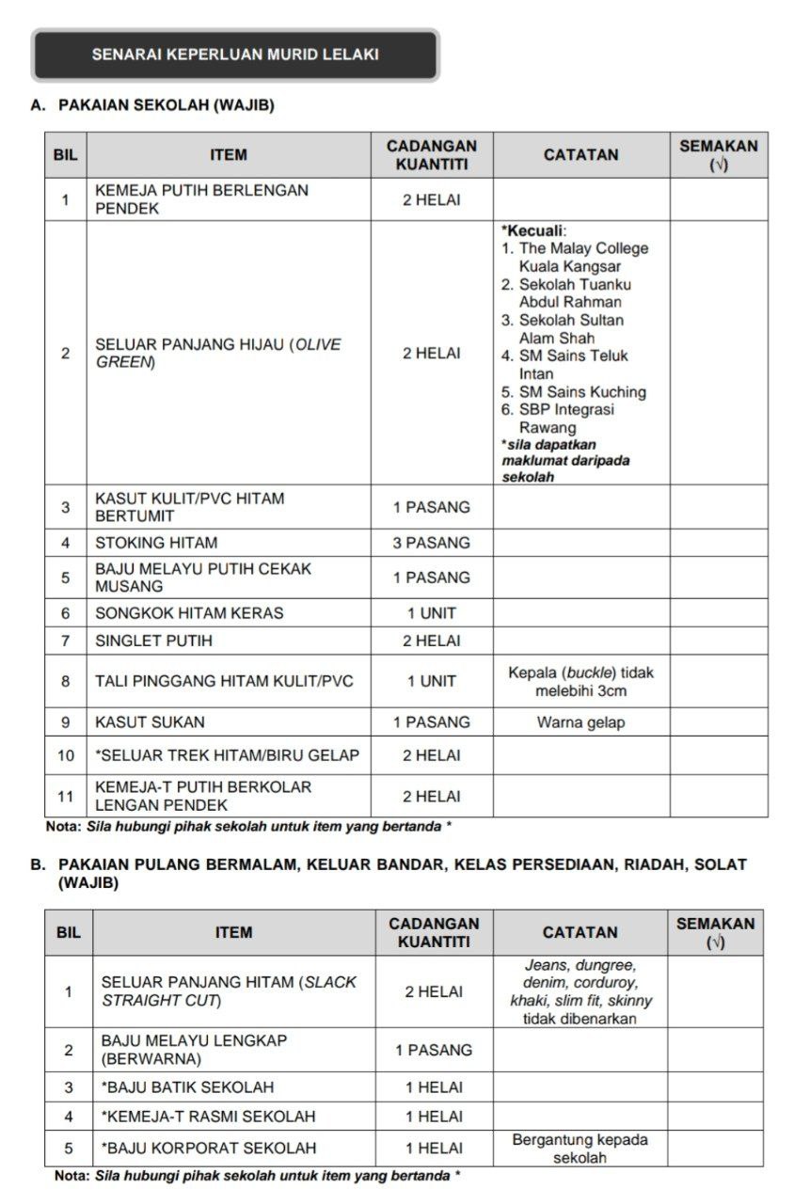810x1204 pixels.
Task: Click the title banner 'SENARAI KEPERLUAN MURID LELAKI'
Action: pyautogui.click(x=235, y=55)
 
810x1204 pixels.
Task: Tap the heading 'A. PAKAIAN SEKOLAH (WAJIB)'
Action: pyautogui.click(x=153, y=106)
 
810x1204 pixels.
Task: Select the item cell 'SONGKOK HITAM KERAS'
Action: pyautogui.click(x=189, y=613)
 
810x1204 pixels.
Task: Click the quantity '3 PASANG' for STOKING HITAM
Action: pyautogui.click(x=431, y=543)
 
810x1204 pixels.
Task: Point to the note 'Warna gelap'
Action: pyautogui.click(x=580, y=722)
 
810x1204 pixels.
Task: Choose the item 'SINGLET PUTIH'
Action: pyautogui.click(x=153, y=642)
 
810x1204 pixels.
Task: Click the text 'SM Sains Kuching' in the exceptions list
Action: pyautogui.click(x=582, y=391)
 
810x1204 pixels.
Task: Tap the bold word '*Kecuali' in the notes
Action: pyautogui.click(x=533, y=230)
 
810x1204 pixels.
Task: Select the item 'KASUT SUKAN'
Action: pyautogui.click(x=150, y=722)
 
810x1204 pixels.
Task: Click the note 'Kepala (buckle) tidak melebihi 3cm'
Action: pyautogui.click(x=580, y=682)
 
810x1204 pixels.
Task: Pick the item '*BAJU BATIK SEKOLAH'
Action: pyautogui.click(x=187, y=1087)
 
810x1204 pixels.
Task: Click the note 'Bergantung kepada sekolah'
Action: pyautogui.click(x=580, y=1149)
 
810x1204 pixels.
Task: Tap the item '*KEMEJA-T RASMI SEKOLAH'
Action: pyautogui.click(x=208, y=1117)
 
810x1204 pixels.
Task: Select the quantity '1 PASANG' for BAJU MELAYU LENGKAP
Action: pyautogui.click(x=433, y=1050)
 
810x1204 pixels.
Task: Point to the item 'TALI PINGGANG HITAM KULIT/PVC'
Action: pyautogui.click(x=224, y=682)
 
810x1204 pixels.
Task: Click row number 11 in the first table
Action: pyautogui.click(x=66, y=797)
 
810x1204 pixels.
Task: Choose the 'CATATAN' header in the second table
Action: pyautogui.click(x=580, y=932)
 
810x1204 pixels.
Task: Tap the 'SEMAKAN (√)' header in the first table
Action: pyautogui.click(x=718, y=155)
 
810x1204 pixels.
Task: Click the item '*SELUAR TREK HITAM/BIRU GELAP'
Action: pyautogui.click(x=227, y=755)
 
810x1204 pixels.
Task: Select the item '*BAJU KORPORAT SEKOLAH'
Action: pyautogui.click(x=209, y=1149)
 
